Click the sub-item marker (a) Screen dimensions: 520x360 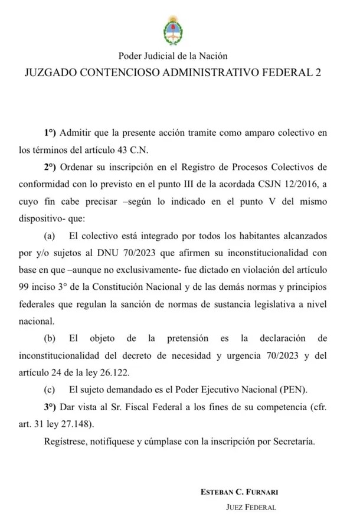(x=49, y=236)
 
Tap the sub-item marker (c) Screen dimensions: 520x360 (x=49, y=390)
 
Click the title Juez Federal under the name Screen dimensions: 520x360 (x=251, y=507)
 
